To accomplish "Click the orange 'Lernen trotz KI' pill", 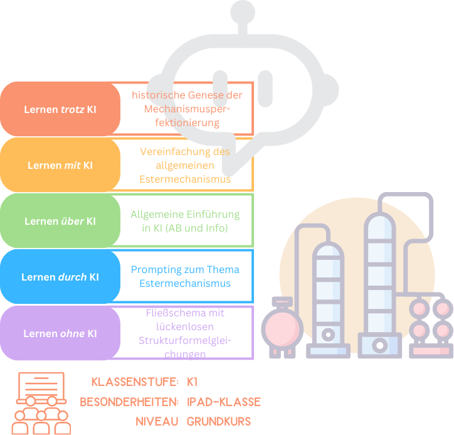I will pyautogui.click(x=60, y=109).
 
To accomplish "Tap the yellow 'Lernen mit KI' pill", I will pyautogui.click(x=60, y=165).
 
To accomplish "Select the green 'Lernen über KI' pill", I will pyautogui.click(x=60, y=221).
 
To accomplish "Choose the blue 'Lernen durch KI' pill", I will pyautogui.click(x=60, y=277).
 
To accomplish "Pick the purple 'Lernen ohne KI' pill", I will pyautogui.click(x=60, y=333).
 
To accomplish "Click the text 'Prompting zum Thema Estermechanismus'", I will pyautogui.click(x=185, y=276).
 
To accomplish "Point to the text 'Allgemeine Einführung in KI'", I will pyautogui.click(x=185, y=221).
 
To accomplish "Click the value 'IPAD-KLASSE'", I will pyautogui.click(x=224, y=402).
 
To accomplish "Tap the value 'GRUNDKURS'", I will pyautogui.click(x=219, y=421).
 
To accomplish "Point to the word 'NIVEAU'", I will pyautogui.click(x=157, y=421).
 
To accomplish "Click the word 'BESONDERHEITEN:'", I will pyautogui.click(x=129, y=402).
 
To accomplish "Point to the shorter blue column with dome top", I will pyautogui.click(x=329, y=295).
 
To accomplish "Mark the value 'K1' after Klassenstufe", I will pyautogui.click(x=193, y=382).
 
